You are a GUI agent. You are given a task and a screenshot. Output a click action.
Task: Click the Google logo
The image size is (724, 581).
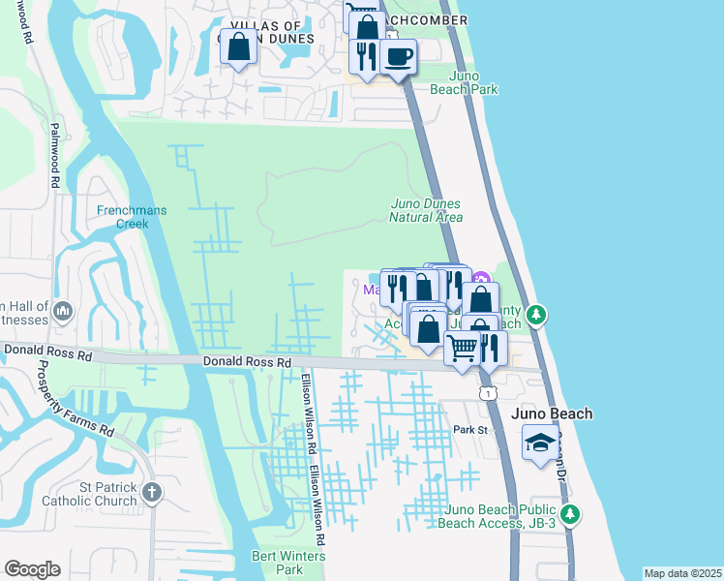tap(32, 569)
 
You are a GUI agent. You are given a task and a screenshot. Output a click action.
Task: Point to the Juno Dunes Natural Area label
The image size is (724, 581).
tap(425, 210)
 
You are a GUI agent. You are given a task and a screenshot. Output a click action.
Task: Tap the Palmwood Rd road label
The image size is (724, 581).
tap(55, 155)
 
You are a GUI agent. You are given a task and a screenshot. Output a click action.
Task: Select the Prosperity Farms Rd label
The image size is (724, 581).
tap(75, 398)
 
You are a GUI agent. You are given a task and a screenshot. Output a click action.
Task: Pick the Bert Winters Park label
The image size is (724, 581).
tap(288, 563)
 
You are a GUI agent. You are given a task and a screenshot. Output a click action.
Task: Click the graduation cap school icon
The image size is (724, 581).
tap(540, 444)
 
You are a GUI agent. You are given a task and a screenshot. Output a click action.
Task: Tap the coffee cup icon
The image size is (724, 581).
tap(397, 56)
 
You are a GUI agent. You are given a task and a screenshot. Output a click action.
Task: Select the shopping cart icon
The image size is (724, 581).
tap(463, 347)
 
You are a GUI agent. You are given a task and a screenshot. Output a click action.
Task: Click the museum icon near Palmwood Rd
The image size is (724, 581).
tap(63, 311)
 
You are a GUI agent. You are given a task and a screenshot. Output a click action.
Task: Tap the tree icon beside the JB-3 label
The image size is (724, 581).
tap(571, 514)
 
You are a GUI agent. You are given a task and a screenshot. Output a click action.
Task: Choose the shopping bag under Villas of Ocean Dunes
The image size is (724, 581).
tap(240, 46)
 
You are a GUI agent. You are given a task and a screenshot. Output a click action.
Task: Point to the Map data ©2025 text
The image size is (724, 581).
tap(681, 573)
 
